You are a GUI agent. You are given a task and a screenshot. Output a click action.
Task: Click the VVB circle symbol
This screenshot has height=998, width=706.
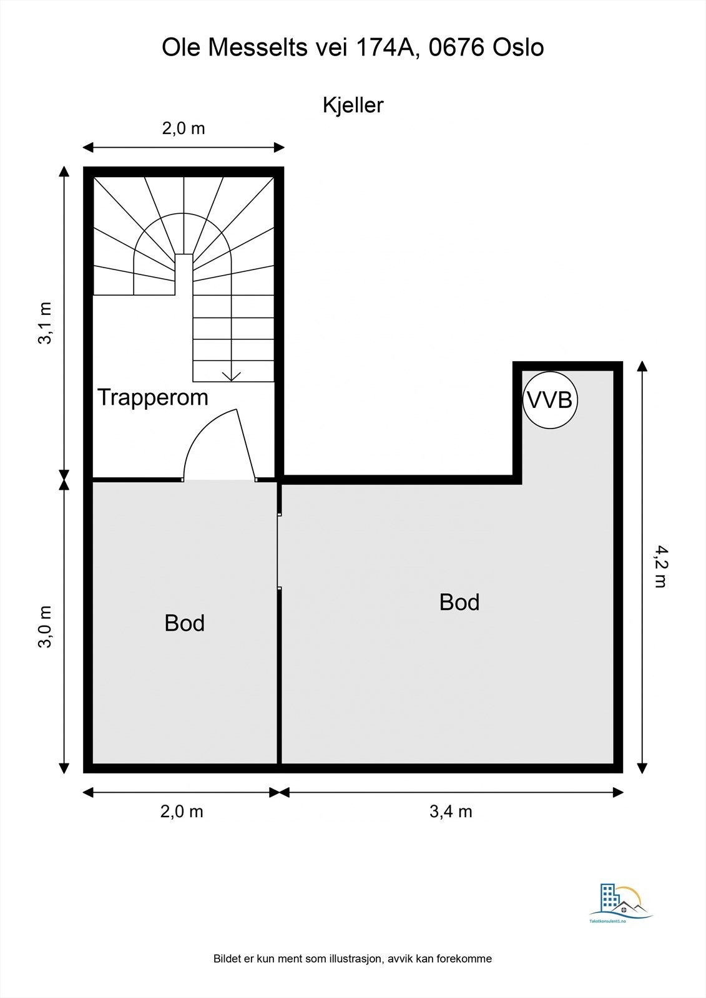(550, 400)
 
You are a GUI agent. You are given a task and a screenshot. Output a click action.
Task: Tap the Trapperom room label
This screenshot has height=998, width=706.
(153, 397)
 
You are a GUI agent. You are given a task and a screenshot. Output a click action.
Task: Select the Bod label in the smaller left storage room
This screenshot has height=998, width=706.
(185, 623)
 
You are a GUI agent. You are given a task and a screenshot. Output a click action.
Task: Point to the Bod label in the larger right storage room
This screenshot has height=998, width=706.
(459, 603)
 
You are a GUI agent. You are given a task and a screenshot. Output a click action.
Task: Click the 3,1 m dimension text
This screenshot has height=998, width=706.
(46, 323)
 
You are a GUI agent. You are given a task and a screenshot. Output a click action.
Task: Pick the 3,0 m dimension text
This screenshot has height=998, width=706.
(46, 627)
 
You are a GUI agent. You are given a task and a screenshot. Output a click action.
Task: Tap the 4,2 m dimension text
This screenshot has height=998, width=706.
(661, 567)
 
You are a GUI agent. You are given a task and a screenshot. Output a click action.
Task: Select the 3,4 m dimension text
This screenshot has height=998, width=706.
(451, 811)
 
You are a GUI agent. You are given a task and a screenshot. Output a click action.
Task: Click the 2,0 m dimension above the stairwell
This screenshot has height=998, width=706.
(184, 128)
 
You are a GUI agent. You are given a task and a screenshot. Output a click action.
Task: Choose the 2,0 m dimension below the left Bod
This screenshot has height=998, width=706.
(182, 811)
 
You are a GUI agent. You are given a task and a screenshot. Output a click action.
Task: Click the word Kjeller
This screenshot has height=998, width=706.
(353, 105)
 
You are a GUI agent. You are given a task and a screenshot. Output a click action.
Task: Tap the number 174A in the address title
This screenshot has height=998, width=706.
(386, 47)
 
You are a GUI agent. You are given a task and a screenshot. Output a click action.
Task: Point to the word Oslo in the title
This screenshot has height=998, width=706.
(517, 47)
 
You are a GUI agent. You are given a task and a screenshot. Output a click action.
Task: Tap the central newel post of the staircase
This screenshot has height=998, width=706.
(184, 274)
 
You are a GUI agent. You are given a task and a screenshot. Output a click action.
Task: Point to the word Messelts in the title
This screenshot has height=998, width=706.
(258, 47)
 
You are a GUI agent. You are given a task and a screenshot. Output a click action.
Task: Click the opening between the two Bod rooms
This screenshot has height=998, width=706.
(279, 551)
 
